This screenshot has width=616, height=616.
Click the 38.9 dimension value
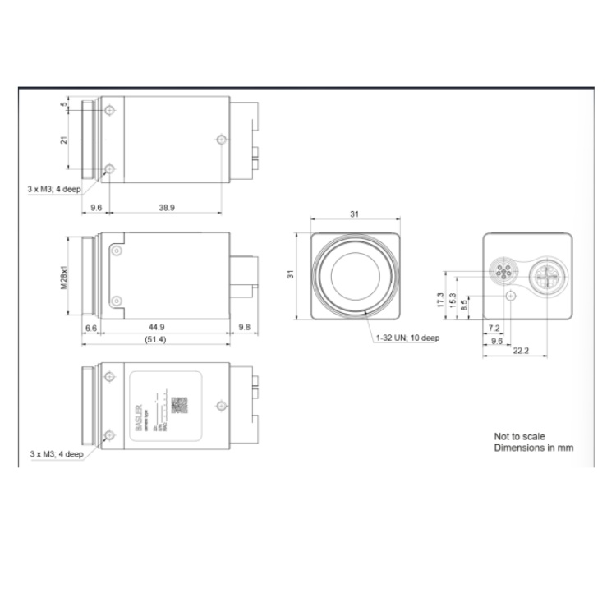(167, 208)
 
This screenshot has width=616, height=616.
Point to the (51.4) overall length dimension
(155, 339)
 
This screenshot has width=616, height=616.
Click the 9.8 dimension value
(244, 327)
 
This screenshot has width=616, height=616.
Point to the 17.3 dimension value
(441, 301)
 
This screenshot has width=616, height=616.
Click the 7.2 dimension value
(494, 327)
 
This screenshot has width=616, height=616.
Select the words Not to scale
(519, 436)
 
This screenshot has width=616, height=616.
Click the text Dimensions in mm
(533, 448)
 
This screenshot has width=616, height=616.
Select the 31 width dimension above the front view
(355, 214)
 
